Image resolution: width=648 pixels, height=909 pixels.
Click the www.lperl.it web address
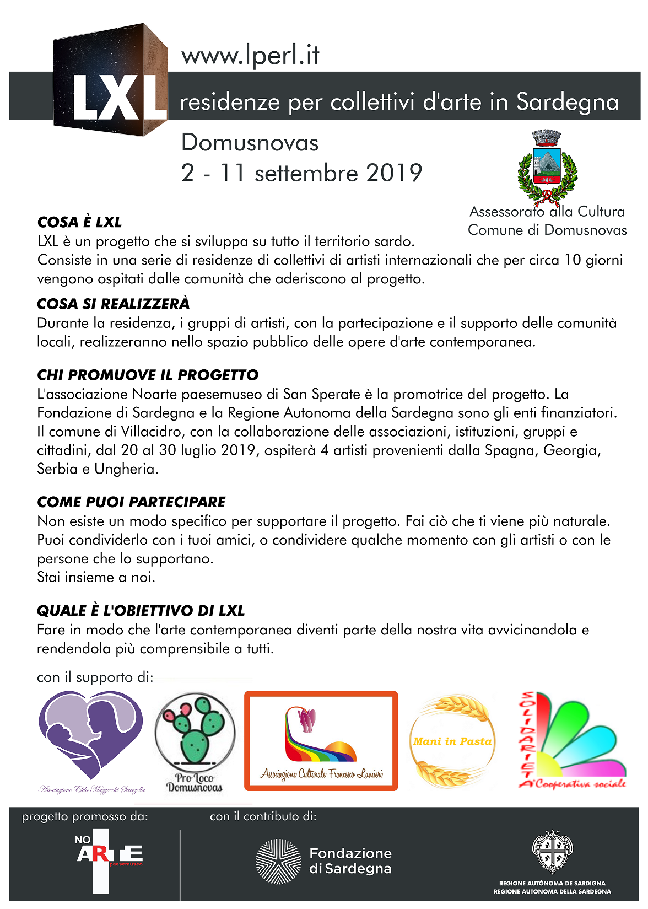tap(250, 56)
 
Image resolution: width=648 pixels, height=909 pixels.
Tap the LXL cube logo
tap(110, 80)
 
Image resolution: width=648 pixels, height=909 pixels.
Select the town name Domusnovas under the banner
tap(250, 143)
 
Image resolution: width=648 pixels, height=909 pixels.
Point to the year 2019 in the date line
tap(394, 173)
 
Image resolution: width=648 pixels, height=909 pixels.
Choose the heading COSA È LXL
tap(79, 223)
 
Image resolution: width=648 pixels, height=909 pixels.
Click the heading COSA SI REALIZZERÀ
tap(113, 304)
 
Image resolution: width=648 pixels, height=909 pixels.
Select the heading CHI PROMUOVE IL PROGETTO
tap(147, 375)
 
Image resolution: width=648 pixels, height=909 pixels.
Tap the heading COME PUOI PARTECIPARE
tap(131, 502)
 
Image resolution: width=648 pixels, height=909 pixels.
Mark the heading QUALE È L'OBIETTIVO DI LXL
tap(141, 611)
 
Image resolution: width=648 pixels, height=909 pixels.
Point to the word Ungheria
tap(126, 469)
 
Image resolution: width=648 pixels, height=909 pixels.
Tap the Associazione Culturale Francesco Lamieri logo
tap(321, 741)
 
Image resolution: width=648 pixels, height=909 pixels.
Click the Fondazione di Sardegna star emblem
tap(279, 862)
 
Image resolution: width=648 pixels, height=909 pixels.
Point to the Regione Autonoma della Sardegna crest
tap(552, 852)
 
